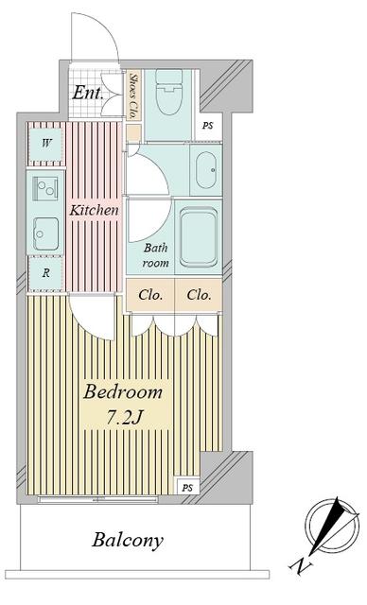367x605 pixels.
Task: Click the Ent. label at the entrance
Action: pyautogui.click(x=88, y=93)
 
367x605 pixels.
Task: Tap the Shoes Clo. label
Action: pyautogui.click(x=133, y=95)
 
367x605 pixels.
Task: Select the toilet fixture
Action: pyautogui.click(x=168, y=92)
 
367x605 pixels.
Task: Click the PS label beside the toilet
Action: pyautogui.click(x=207, y=126)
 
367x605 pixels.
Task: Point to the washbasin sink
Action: pyautogui.click(x=206, y=170)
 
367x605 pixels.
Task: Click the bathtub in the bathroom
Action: pyautogui.click(x=199, y=236)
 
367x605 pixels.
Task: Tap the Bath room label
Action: pyautogui.click(x=155, y=255)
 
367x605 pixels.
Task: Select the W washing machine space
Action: pyautogui.click(x=46, y=144)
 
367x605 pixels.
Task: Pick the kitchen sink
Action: pyautogui.click(x=45, y=233)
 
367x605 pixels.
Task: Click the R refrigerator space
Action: pyautogui.click(x=46, y=273)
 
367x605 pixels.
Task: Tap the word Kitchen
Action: pyautogui.click(x=94, y=210)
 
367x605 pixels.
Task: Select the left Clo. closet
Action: pyautogui.click(x=150, y=295)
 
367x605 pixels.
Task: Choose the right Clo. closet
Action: pyautogui.click(x=199, y=295)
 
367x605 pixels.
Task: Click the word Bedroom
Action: pyautogui.click(x=123, y=392)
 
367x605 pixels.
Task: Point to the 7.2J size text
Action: pyautogui.click(x=125, y=417)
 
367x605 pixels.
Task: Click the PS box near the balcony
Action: pyautogui.click(x=187, y=488)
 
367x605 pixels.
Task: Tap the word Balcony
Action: pyautogui.click(x=128, y=541)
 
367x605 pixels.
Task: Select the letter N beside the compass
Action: pyautogui.click(x=300, y=565)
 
